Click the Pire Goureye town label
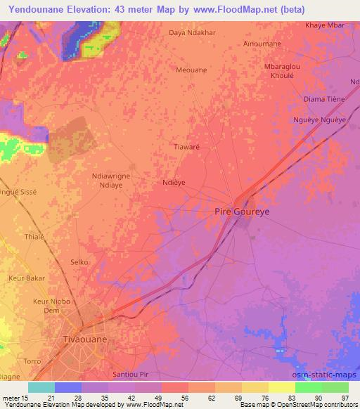point(241,211)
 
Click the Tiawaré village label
point(187,147)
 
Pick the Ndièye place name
point(174,181)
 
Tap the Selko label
point(79,261)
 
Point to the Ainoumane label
point(261,43)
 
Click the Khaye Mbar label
point(323,25)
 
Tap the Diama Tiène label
point(323,100)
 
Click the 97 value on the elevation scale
point(345,398)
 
